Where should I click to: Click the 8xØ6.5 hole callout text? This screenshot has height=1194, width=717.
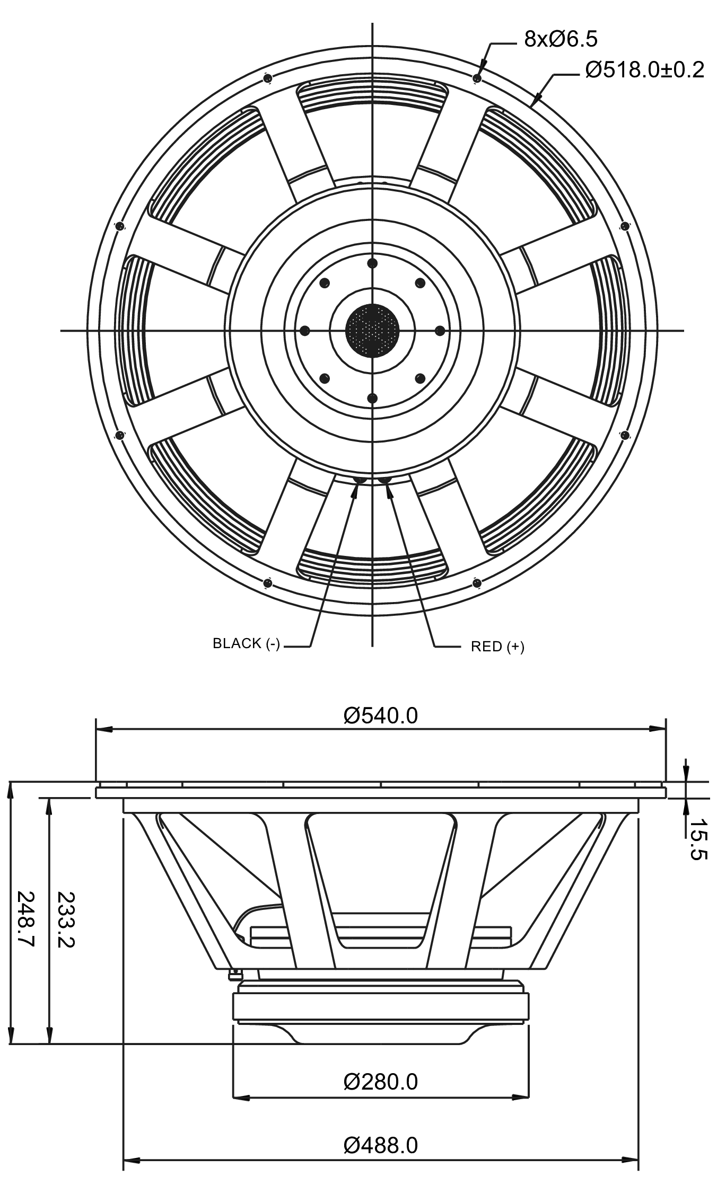pyautogui.click(x=561, y=39)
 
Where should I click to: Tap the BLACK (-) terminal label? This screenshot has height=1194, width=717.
pyautogui.click(x=246, y=643)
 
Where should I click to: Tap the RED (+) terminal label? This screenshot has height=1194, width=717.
pyautogui.click(x=497, y=647)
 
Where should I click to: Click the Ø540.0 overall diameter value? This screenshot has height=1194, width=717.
pyautogui.click(x=381, y=715)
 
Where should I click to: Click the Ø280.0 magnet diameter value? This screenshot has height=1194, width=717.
pyautogui.click(x=381, y=1082)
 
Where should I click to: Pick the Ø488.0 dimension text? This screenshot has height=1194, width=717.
pyautogui.click(x=381, y=1145)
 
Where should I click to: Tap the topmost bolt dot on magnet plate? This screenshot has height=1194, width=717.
pyautogui.click(x=372, y=263)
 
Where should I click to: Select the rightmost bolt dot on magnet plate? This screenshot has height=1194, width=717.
pyautogui.click(x=440, y=331)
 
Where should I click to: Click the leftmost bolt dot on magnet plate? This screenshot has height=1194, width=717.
pyautogui.click(x=304, y=331)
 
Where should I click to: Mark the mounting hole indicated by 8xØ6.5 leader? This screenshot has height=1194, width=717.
pyautogui.click(x=477, y=78)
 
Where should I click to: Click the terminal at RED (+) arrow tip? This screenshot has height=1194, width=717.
pyautogui.click(x=384, y=480)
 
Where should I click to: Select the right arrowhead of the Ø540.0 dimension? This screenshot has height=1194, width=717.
pyautogui.click(x=658, y=729)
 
